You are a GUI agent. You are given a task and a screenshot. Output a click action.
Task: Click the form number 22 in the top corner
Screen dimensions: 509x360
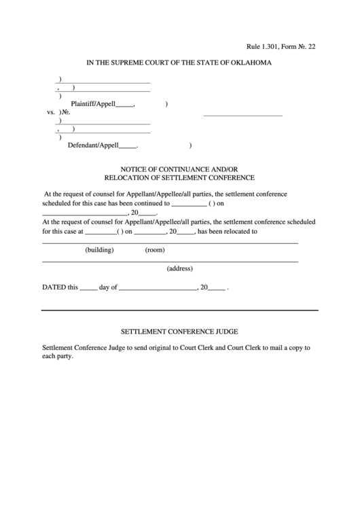pos(312,47)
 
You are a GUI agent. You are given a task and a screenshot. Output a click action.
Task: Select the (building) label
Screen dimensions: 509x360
pos(99,250)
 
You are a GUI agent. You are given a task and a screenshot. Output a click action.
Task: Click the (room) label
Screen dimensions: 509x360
pos(155,250)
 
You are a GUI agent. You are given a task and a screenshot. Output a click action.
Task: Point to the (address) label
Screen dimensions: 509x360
pos(180,268)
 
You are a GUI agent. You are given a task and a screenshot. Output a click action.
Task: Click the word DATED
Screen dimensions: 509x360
pos(54,287)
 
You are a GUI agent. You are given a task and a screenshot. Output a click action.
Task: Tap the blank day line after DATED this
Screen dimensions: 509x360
pos(88,288)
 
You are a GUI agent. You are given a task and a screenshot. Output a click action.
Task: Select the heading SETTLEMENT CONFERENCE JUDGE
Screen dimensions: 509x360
pos(179,332)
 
